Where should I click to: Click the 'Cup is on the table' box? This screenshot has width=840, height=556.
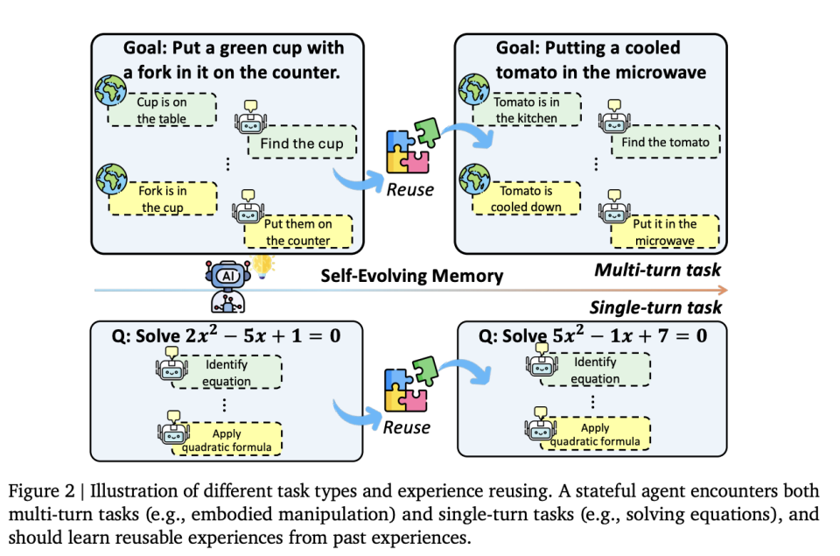[x=162, y=110]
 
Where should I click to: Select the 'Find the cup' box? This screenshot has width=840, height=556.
[x=301, y=144]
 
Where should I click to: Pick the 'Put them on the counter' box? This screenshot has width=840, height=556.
[x=298, y=232]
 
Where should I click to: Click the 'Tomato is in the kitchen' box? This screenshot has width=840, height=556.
[x=527, y=110]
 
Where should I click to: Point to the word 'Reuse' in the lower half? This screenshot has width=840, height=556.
[x=407, y=427]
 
